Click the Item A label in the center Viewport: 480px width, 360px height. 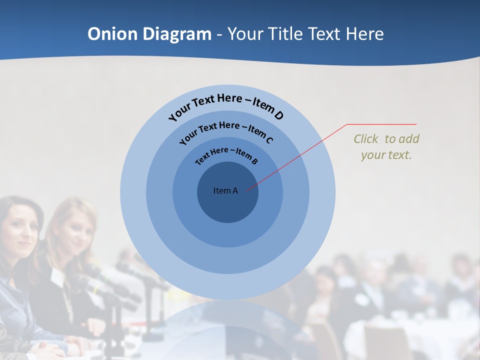point(225,190)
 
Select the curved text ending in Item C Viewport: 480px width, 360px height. point(226,131)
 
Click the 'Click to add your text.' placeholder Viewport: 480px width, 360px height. point(386,147)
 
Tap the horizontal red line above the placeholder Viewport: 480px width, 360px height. point(382,124)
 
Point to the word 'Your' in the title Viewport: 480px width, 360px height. point(247,34)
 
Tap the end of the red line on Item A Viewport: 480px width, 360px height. point(246,189)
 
